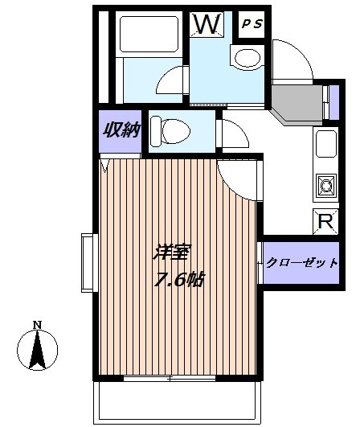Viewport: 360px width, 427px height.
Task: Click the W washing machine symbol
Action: click(x=207, y=23)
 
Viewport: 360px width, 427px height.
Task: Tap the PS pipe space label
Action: click(x=252, y=24)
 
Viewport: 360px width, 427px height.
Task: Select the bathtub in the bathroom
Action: click(x=149, y=34)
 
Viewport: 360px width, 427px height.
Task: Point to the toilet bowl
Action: click(x=170, y=131)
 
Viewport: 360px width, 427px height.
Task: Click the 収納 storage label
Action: click(x=121, y=130)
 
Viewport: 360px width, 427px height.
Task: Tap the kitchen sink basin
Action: click(x=326, y=144)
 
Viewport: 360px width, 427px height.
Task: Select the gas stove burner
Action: click(x=326, y=186)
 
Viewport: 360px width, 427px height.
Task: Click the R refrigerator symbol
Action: click(x=325, y=221)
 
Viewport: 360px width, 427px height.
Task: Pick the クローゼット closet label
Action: click(x=302, y=263)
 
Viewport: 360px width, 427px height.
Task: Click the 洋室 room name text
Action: click(x=172, y=253)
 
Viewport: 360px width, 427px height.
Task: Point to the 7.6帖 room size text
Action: click(x=179, y=279)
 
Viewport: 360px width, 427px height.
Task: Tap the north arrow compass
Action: click(x=38, y=350)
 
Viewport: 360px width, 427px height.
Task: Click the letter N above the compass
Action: click(x=37, y=325)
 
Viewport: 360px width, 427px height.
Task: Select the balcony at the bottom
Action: click(x=177, y=403)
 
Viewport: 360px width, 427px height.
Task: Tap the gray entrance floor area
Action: click(x=297, y=105)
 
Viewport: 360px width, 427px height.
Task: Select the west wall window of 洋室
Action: click(x=89, y=263)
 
